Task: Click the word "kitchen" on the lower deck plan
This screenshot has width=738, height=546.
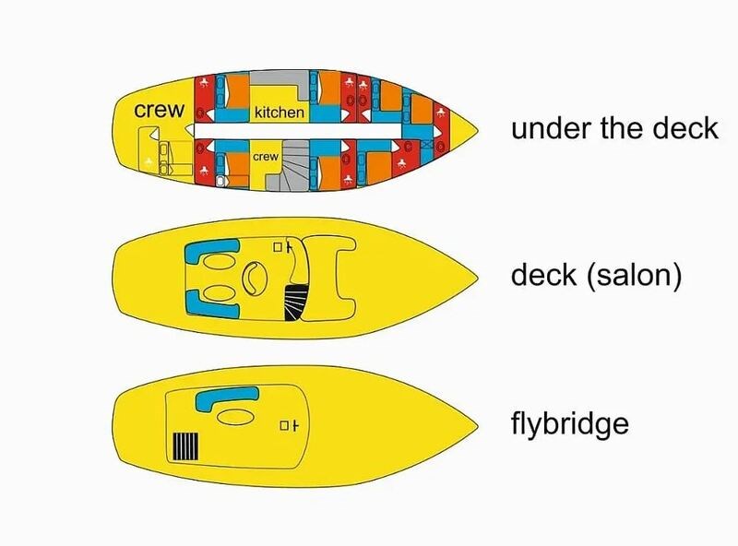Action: point(279,113)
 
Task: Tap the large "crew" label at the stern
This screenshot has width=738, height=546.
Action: point(160,110)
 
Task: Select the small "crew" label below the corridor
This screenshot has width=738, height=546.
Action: point(266,158)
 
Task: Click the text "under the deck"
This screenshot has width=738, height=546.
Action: point(614,128)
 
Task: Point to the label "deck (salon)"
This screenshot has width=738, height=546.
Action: point(595,276)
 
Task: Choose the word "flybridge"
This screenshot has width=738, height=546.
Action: point(569,425)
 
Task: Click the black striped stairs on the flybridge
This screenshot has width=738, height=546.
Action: point(185,446)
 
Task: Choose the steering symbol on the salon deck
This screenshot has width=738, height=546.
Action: point(282,246)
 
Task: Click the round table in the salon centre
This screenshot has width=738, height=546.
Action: point(252,278)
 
